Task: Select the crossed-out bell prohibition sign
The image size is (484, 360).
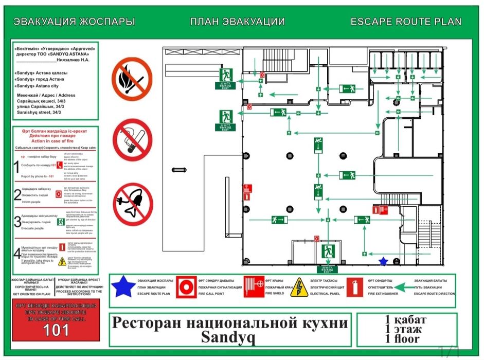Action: (x=133, y=204)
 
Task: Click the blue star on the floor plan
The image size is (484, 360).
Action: (x=383, y=261)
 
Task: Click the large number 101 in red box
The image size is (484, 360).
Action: (x=55, y=330)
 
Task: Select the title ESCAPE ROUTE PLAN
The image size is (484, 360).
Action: (x=405, y=22)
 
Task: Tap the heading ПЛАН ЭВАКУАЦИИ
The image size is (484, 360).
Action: (x=237, y=22)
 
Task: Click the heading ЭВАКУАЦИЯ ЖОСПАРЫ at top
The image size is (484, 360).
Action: (x=74, y=22)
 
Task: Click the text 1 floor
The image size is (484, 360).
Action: (x=403, y=338)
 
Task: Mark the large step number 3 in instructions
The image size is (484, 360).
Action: (x=17, y=222)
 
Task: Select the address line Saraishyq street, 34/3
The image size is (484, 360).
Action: (x=39, y=112)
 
